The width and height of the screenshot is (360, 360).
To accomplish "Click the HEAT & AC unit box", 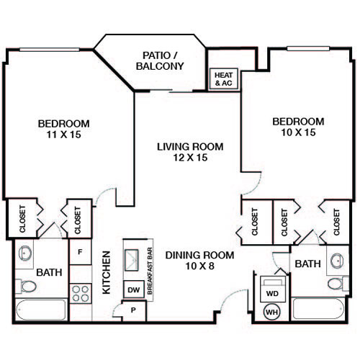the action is click(x=224, y=79).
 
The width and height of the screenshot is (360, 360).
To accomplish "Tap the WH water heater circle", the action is click(x=272, y=312).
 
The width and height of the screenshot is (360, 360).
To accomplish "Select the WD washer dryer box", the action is click(x=273, y=289).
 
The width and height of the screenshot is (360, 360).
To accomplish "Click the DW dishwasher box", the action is click(x=134, y=289).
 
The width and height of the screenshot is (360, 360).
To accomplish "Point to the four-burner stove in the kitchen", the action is click(x=81, y=294).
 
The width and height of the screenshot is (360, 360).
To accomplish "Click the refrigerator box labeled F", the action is click(x=81, y=252).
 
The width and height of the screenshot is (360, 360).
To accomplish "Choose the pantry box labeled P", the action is click(x=134, y=310).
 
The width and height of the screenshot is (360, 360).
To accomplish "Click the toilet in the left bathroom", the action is click(x=26, y=287).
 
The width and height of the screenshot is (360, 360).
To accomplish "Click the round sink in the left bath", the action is click(x=25, y=253).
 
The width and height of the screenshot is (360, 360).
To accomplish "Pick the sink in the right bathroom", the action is click(x=337, y=261).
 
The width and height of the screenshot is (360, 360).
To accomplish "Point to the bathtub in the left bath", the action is click(x=41, y=310).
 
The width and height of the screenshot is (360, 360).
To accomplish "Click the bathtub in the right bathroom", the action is click(x=318, y=309).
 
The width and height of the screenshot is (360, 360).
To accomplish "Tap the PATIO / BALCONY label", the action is click(x=160, y=61).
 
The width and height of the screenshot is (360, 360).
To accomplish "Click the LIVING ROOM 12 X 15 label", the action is click(x=190, y=152).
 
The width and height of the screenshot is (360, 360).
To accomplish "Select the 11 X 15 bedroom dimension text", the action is click(x=63, y=135).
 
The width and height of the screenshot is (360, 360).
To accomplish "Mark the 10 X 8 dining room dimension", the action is click(x=200, y=266).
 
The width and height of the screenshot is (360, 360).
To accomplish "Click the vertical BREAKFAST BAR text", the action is click(x=150, y=271).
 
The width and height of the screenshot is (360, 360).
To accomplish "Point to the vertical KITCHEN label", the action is click(x=106, y=272).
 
